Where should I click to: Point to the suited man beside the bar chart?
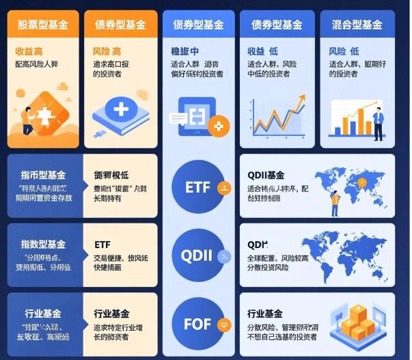click(x=378, y=122)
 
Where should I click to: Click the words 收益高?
click(x=29, y=51)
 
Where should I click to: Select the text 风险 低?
click(x=344, y=51)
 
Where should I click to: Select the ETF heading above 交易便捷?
click(x=102, y=244)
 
